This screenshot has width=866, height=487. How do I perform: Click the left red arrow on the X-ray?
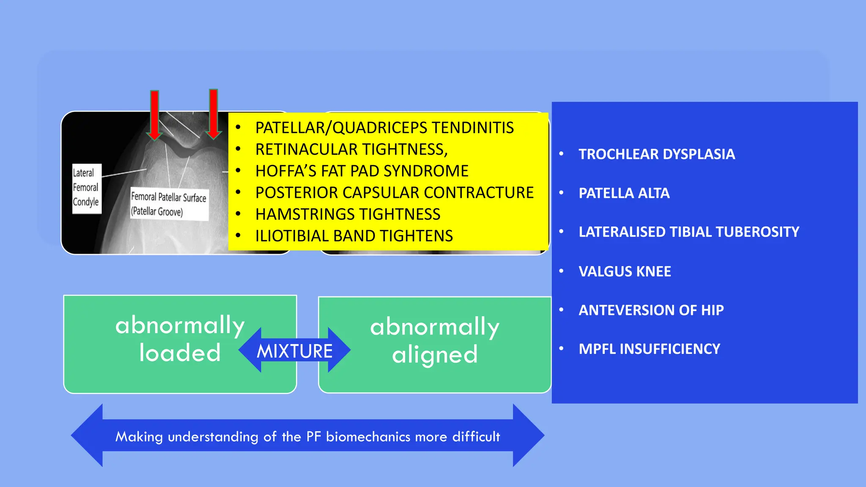point(155,114)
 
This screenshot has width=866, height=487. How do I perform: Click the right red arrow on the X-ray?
point(214,113)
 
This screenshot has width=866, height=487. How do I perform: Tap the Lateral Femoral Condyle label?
point(86,188)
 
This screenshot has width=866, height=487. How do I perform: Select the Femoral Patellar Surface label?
point(169,204)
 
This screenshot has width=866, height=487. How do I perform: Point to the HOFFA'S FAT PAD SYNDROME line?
point(362,171)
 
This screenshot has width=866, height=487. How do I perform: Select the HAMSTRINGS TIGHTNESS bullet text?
point(348,214)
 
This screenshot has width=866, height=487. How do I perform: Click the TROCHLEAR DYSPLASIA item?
point(656,154)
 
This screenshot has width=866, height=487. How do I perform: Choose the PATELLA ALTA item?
point(624,193)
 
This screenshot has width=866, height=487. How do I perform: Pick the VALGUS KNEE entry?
point(625,271)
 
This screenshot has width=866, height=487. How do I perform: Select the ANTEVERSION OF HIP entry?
point(651,310)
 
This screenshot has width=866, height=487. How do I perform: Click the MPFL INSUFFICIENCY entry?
point(649,349)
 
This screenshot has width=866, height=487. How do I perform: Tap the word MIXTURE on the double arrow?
point(295,351)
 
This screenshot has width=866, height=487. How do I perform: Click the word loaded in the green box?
point(180,353)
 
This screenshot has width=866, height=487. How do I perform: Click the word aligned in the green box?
point(435,355)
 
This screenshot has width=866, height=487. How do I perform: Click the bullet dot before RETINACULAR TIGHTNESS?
point(238,149)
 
